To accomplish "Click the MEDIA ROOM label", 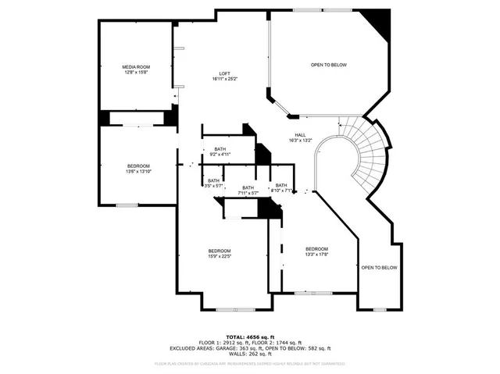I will click(x=136, y=67).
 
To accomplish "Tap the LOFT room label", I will click(x=223, y=73).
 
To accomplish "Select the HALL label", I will click(x=300, y=134).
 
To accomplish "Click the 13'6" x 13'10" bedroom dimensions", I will click(x=139, y=171).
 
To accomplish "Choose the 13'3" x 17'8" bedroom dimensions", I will click(x=316, y=254).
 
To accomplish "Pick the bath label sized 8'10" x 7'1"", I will click(x=280, y=191).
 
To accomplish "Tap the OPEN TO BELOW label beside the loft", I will click(x=328, y=65).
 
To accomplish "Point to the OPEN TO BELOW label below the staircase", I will click(x=379, y=268).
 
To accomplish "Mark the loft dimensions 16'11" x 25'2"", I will click(x=223, y=79).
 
